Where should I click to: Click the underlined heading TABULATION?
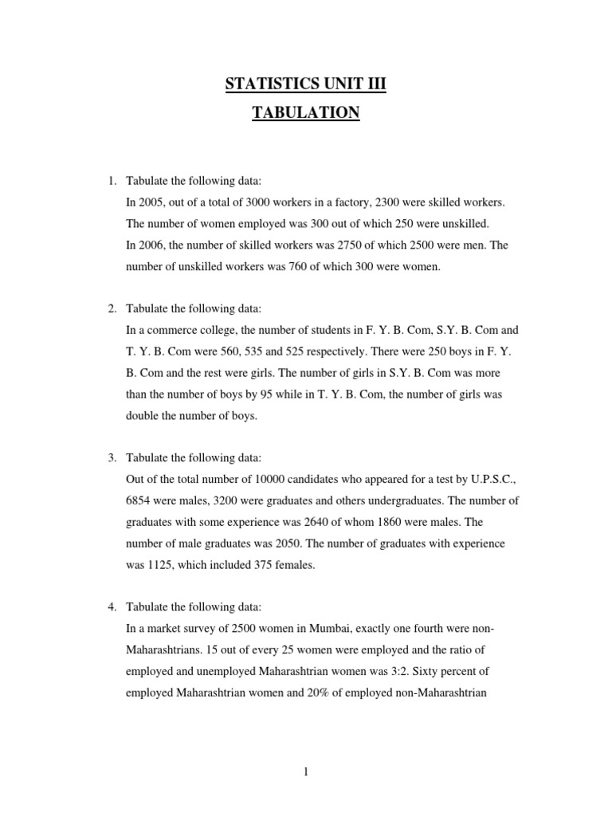[x=306, y=113]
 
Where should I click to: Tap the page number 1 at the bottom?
[x=306, y=772]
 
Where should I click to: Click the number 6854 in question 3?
[x=141, y=500]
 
